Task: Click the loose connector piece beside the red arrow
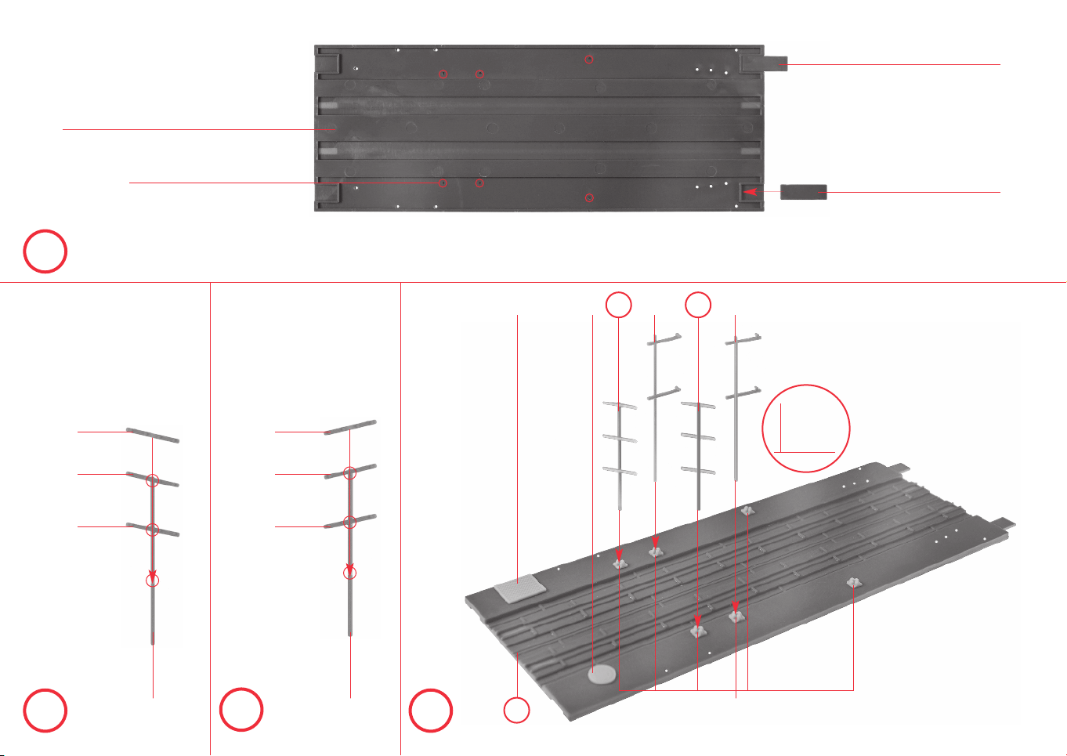[803, 192]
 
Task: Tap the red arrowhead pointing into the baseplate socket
[750, 191]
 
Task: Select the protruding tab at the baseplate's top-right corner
[765, 63]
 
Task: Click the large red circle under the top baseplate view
[45, 251]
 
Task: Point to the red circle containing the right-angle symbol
[806, 428]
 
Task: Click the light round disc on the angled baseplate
[602, 673]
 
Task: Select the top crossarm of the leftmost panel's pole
[153, 436]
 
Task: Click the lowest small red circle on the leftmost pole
[153, 581]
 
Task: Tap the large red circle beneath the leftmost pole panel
[45, 710]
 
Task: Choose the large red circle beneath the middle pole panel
[241, 710]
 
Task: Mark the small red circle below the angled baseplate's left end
[516, 711]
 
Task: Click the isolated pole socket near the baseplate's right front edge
[852, 582]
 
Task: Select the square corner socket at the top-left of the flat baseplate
[329, 63]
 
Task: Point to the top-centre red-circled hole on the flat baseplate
[590, 59]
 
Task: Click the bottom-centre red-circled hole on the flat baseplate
[590, 198]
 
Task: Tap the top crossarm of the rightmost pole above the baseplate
[743, 339]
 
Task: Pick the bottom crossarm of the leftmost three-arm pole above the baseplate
[620, 470]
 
